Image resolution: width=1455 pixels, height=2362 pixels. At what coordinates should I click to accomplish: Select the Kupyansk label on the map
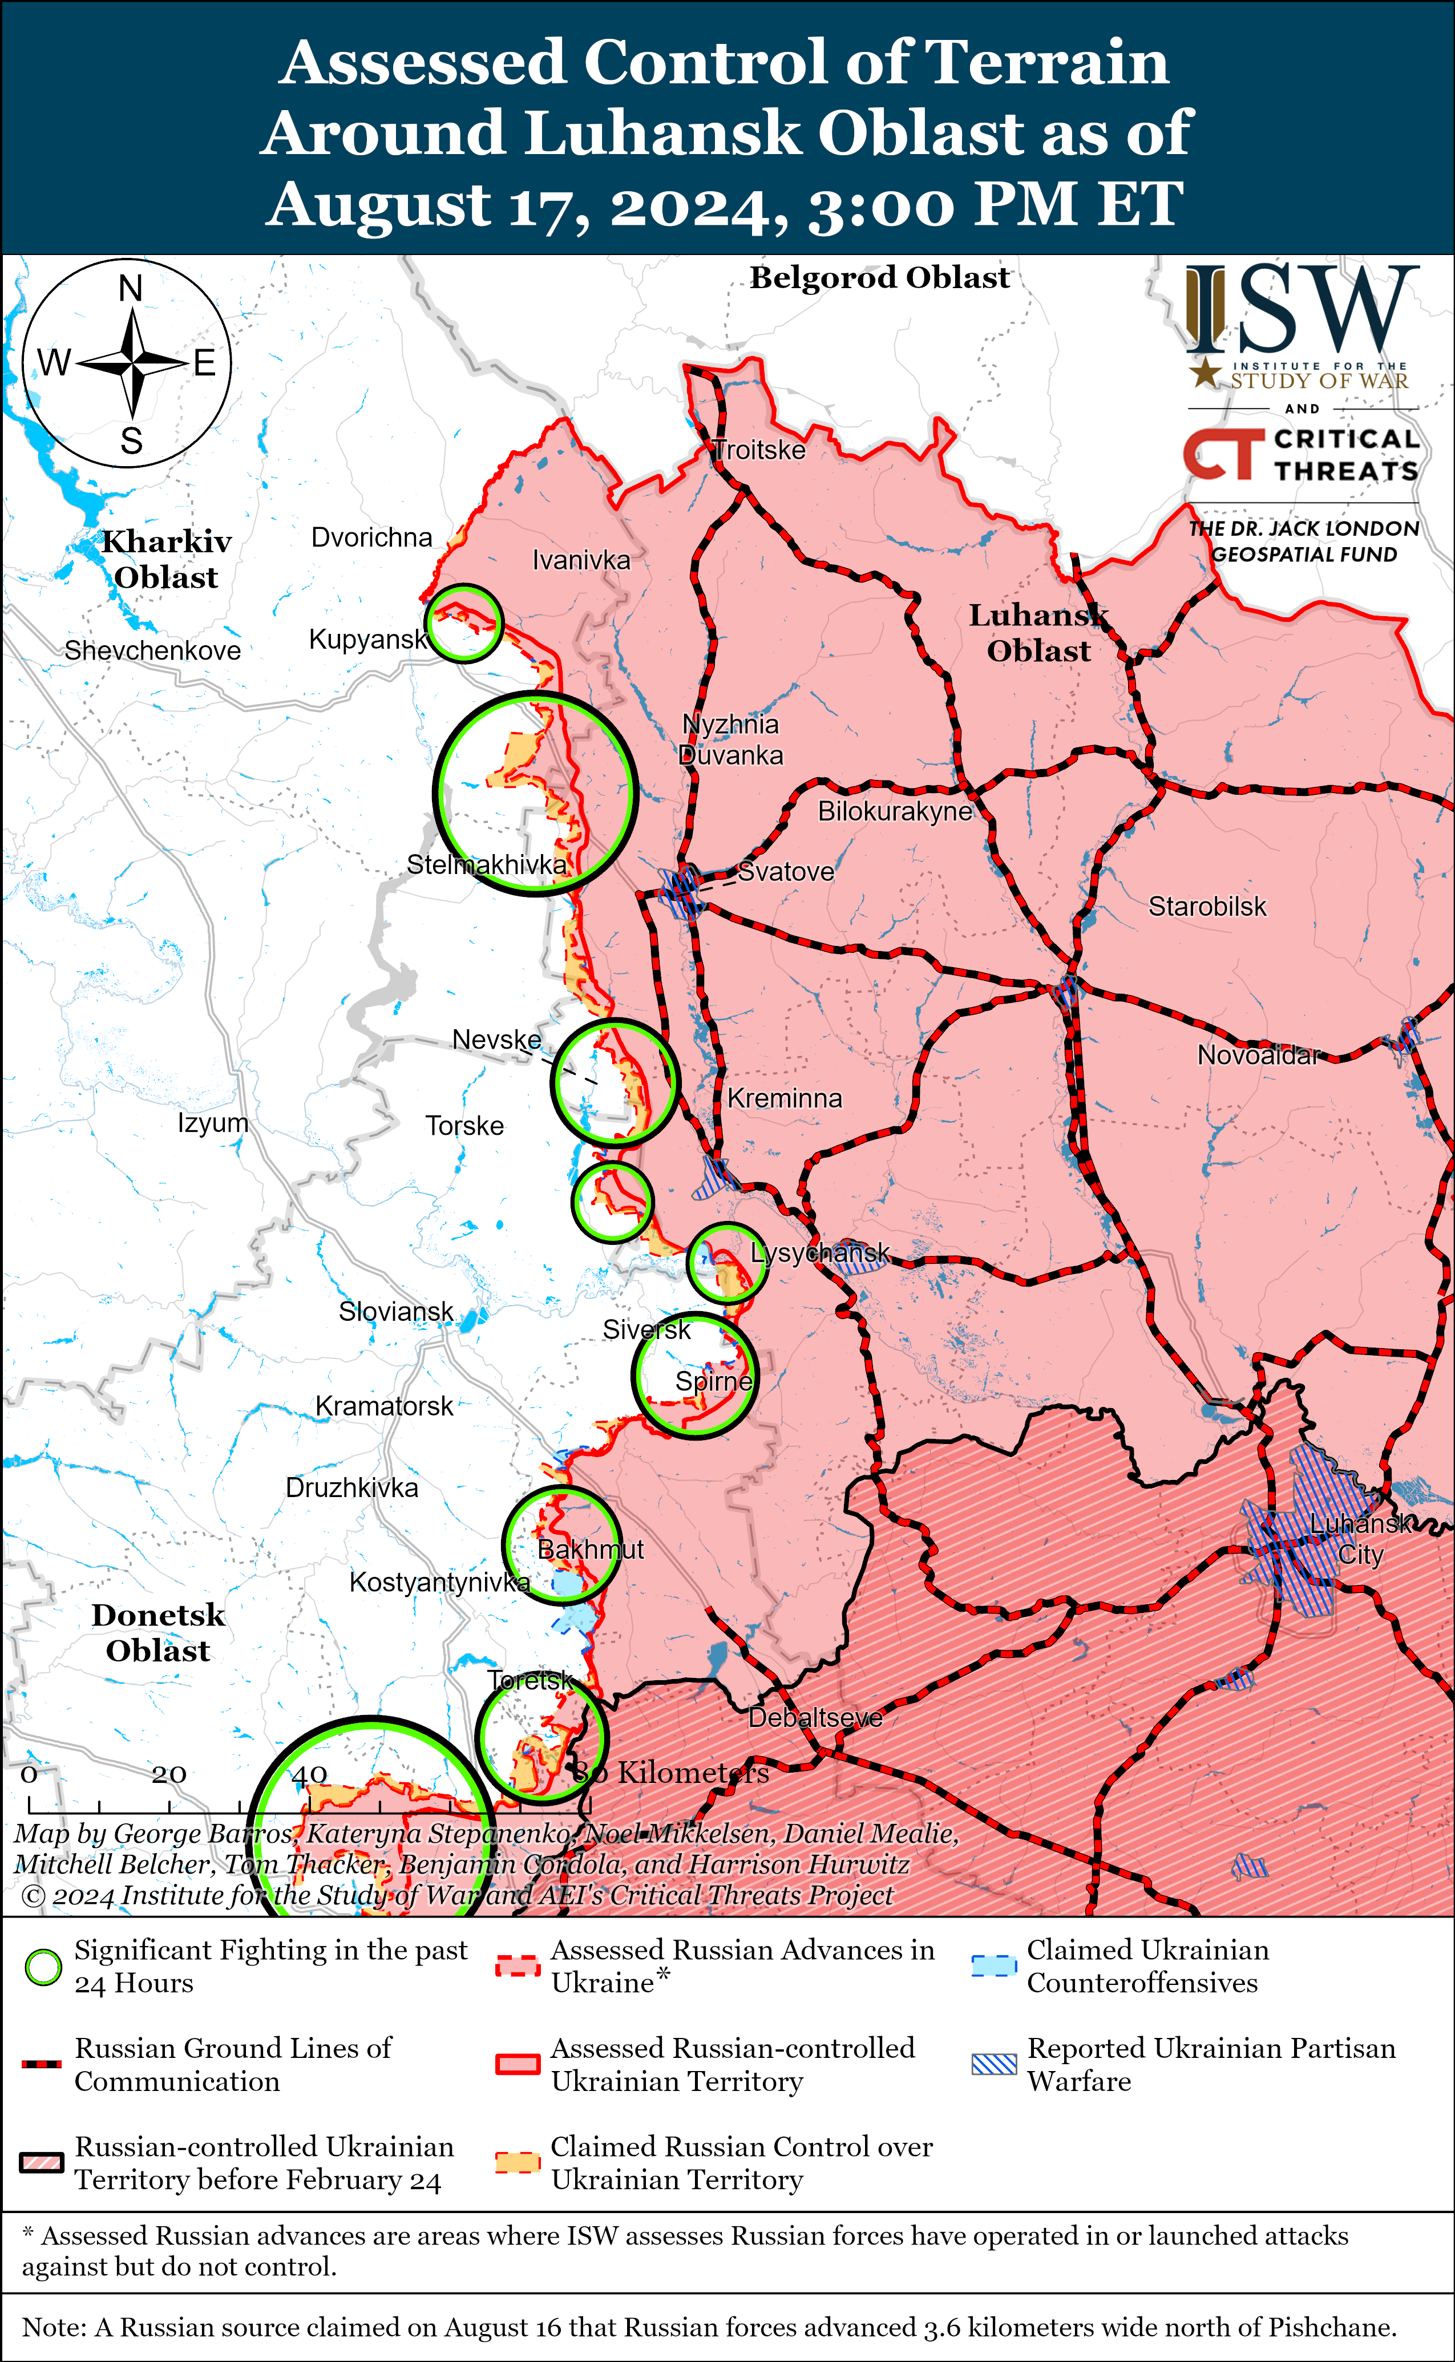tap(367, 640)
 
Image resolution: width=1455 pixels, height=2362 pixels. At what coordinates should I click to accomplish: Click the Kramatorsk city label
tap(384, 1406)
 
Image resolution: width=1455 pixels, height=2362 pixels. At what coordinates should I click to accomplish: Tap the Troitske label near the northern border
tap(759, 450)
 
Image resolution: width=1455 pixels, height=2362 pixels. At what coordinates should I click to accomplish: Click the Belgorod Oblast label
tap(879, 278)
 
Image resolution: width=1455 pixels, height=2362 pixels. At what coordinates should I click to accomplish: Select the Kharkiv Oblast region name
tap(167, 559)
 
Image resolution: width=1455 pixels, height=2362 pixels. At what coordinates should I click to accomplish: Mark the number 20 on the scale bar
tap(169, 1773)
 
